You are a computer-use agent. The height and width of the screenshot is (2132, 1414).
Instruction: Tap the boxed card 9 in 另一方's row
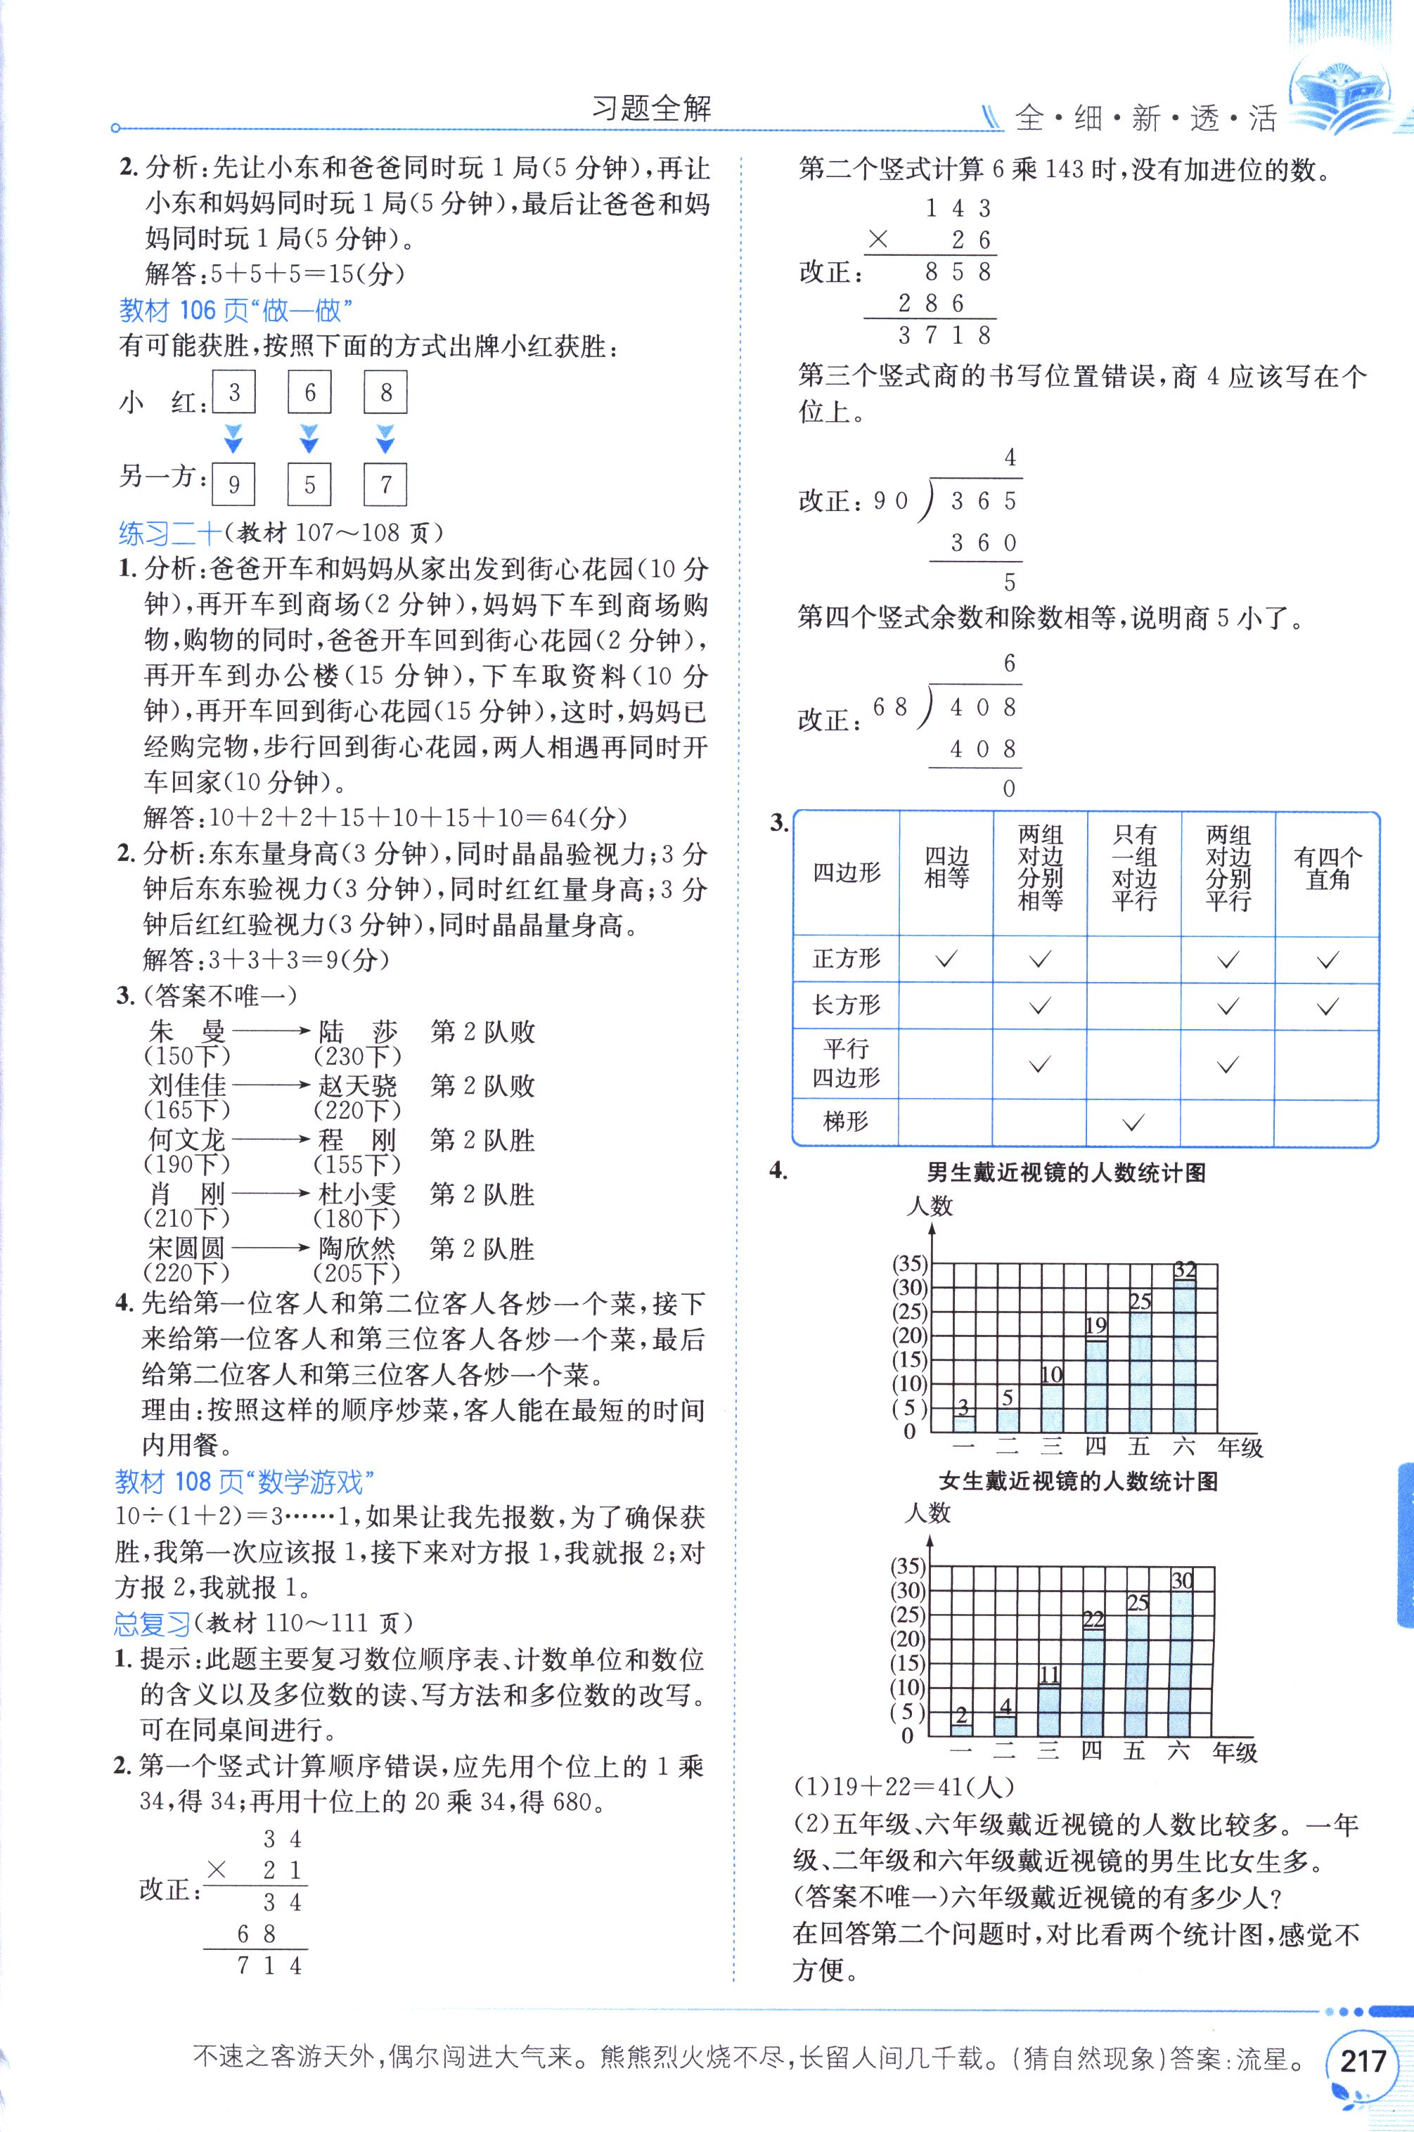pos(233,484)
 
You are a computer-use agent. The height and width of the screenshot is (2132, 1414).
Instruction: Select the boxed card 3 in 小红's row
pos(233,392)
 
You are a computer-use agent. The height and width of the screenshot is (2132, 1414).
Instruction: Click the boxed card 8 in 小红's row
pos(386,392)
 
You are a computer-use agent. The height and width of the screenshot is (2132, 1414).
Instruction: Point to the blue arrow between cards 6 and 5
pos(309,439)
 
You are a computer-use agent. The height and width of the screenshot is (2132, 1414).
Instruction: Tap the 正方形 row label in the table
pos(846,958)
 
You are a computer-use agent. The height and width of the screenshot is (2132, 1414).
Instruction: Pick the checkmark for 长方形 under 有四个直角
pos(1327,1006)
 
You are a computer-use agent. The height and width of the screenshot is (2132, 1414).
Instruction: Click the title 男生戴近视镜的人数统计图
pos(1066,1172)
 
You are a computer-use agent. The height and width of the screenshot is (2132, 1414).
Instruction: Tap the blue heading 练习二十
pos(169,534)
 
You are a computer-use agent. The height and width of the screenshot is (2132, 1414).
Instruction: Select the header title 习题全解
pos(651,109)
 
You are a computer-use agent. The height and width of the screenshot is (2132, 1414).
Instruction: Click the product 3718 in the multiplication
pos(944,336)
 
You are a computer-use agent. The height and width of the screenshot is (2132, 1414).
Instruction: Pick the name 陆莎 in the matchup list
pos(357,1031)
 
